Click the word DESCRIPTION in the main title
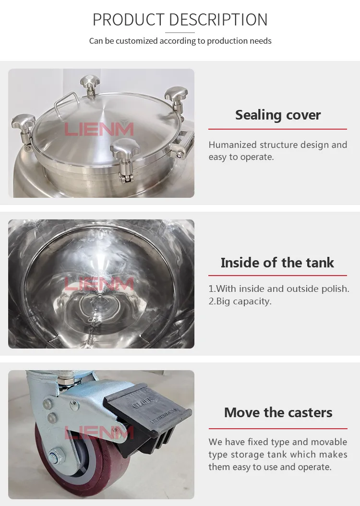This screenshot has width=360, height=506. coord(218,20)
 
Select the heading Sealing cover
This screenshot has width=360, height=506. coord(278,115)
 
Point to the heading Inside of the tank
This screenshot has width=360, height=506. coord(277,263)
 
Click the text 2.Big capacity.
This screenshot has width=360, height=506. coord(240,301)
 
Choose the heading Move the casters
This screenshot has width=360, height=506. coord(278,413)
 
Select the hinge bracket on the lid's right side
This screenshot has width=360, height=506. coord(185,142)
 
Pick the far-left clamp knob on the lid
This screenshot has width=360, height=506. coord(23,123)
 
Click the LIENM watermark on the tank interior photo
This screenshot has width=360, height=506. coord(99,284)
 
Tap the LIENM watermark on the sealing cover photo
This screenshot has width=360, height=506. coord(99,129)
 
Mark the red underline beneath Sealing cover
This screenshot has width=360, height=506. coord(277,129)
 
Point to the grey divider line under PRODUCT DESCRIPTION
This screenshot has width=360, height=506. coord(180,33)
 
